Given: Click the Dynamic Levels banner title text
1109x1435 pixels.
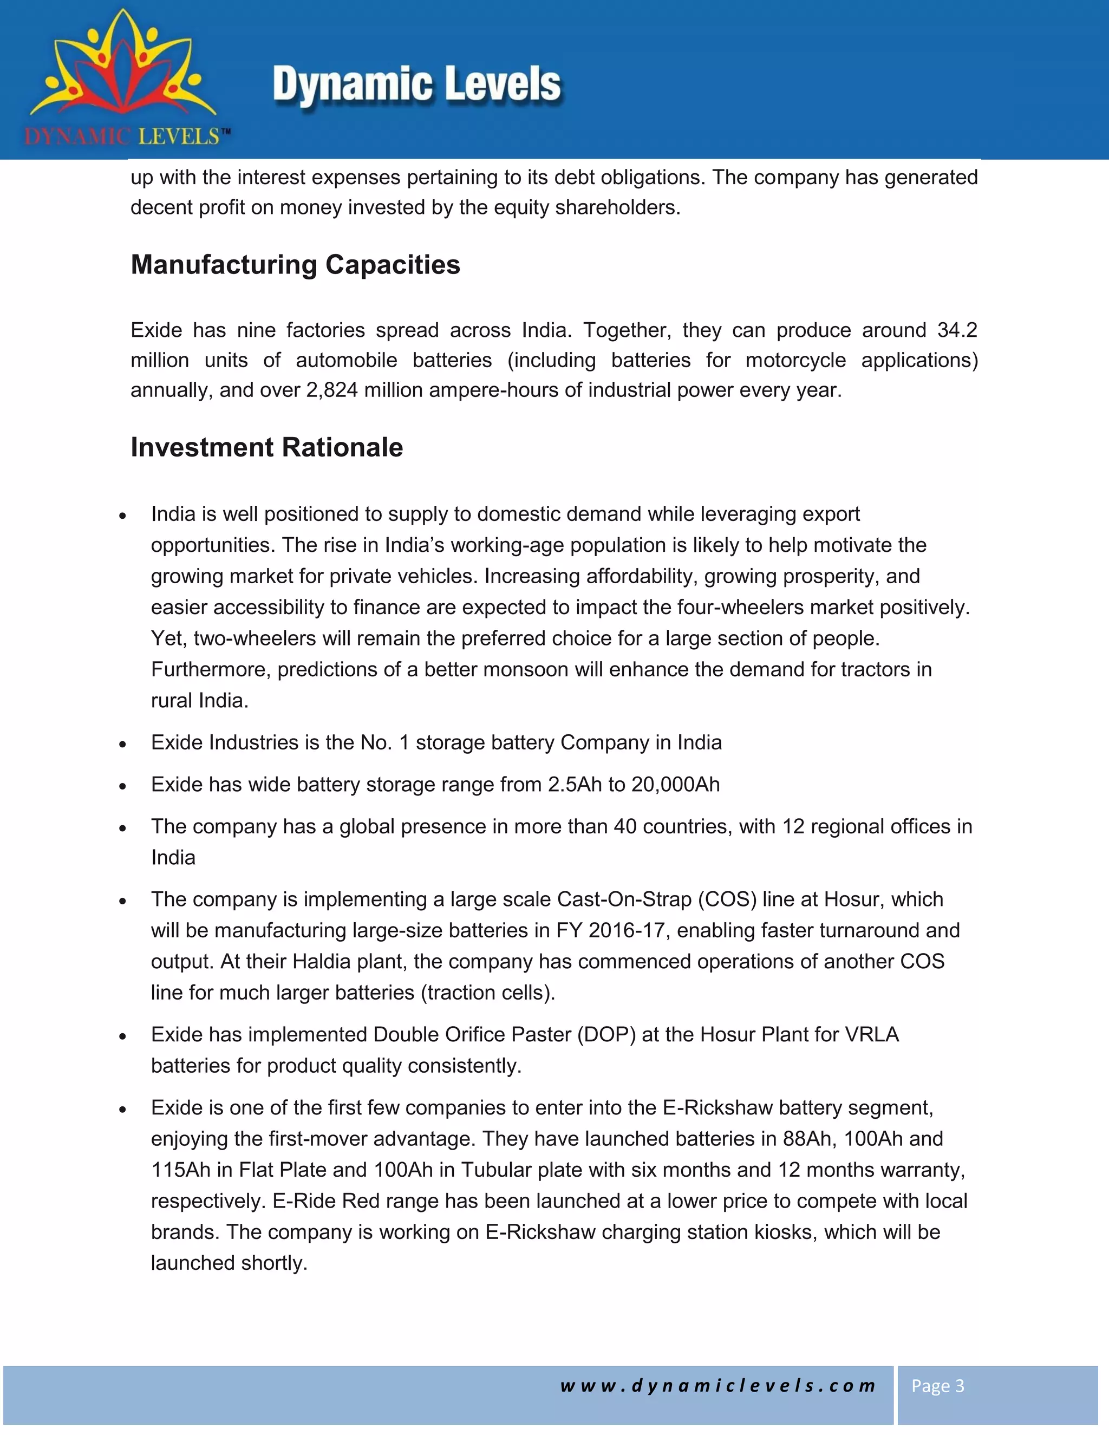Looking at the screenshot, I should pyautogui.click(x=416, y=86).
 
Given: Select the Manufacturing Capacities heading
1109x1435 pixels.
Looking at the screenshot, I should pyautogui.click(x=295, y=265).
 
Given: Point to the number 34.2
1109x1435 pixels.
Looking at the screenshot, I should pyautogui.click(x=957, y=330).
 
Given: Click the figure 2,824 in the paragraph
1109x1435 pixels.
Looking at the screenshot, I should pyautogui.click(x=332, y=390).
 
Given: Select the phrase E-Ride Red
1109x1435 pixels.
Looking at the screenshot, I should pyautogui.click(x=326, y=1201).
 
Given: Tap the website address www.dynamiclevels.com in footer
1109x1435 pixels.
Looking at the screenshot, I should pyautogui.click(x=717, y=1386).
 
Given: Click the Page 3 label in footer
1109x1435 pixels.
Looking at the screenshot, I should pyautogui.click(x=937, y=1386).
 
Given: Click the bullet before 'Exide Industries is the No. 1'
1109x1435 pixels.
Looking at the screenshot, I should pyautogui.click(x=122, y=745).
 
